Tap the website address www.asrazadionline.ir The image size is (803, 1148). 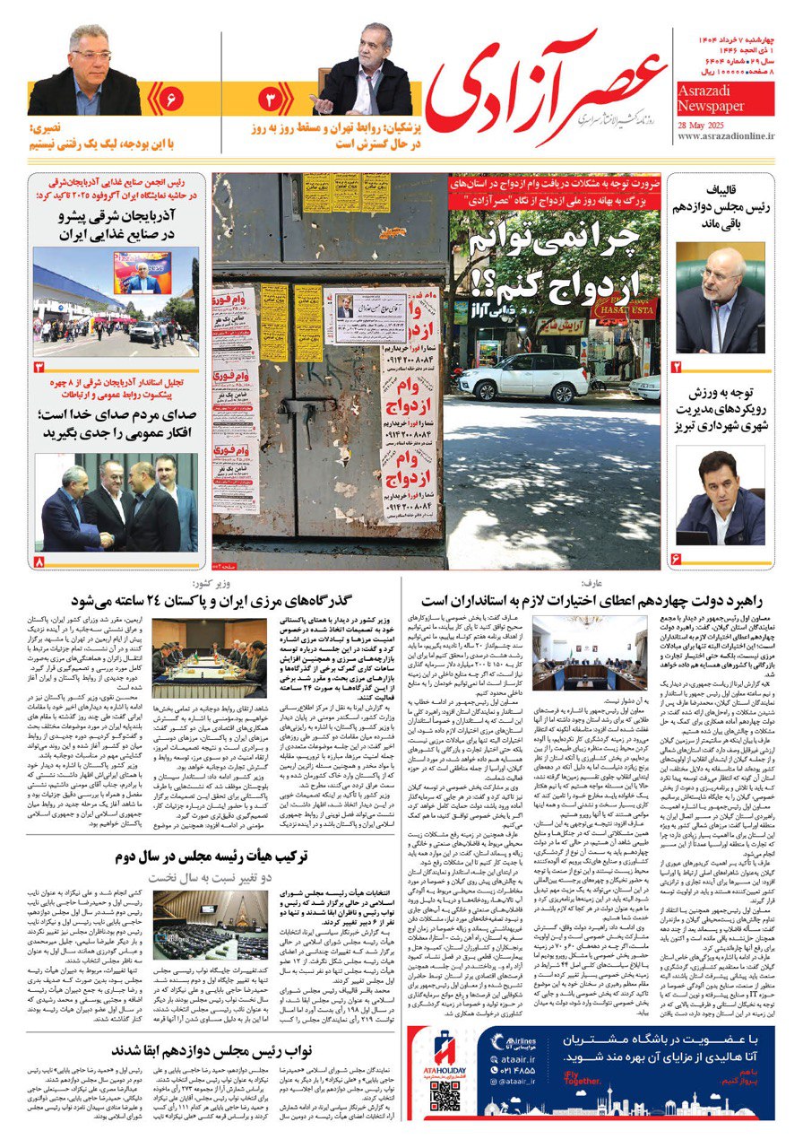pyautogui.click(x=726, y=137)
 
